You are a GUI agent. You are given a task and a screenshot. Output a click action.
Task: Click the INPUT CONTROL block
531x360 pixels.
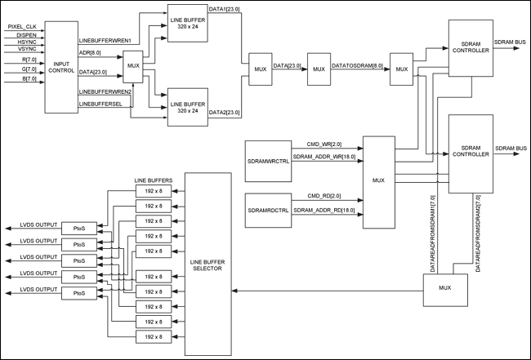(x=61, y=67)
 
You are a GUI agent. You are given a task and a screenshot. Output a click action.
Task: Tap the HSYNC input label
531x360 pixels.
(x=19, y=42)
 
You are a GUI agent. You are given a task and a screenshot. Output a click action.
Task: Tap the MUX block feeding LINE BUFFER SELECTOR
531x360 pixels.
(x=444, y=289)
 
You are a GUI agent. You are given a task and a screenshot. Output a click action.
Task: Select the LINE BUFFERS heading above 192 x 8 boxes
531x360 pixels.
(x=153, y=179)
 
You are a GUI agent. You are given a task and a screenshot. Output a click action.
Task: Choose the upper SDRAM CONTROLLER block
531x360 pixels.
(x=471, y=48)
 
